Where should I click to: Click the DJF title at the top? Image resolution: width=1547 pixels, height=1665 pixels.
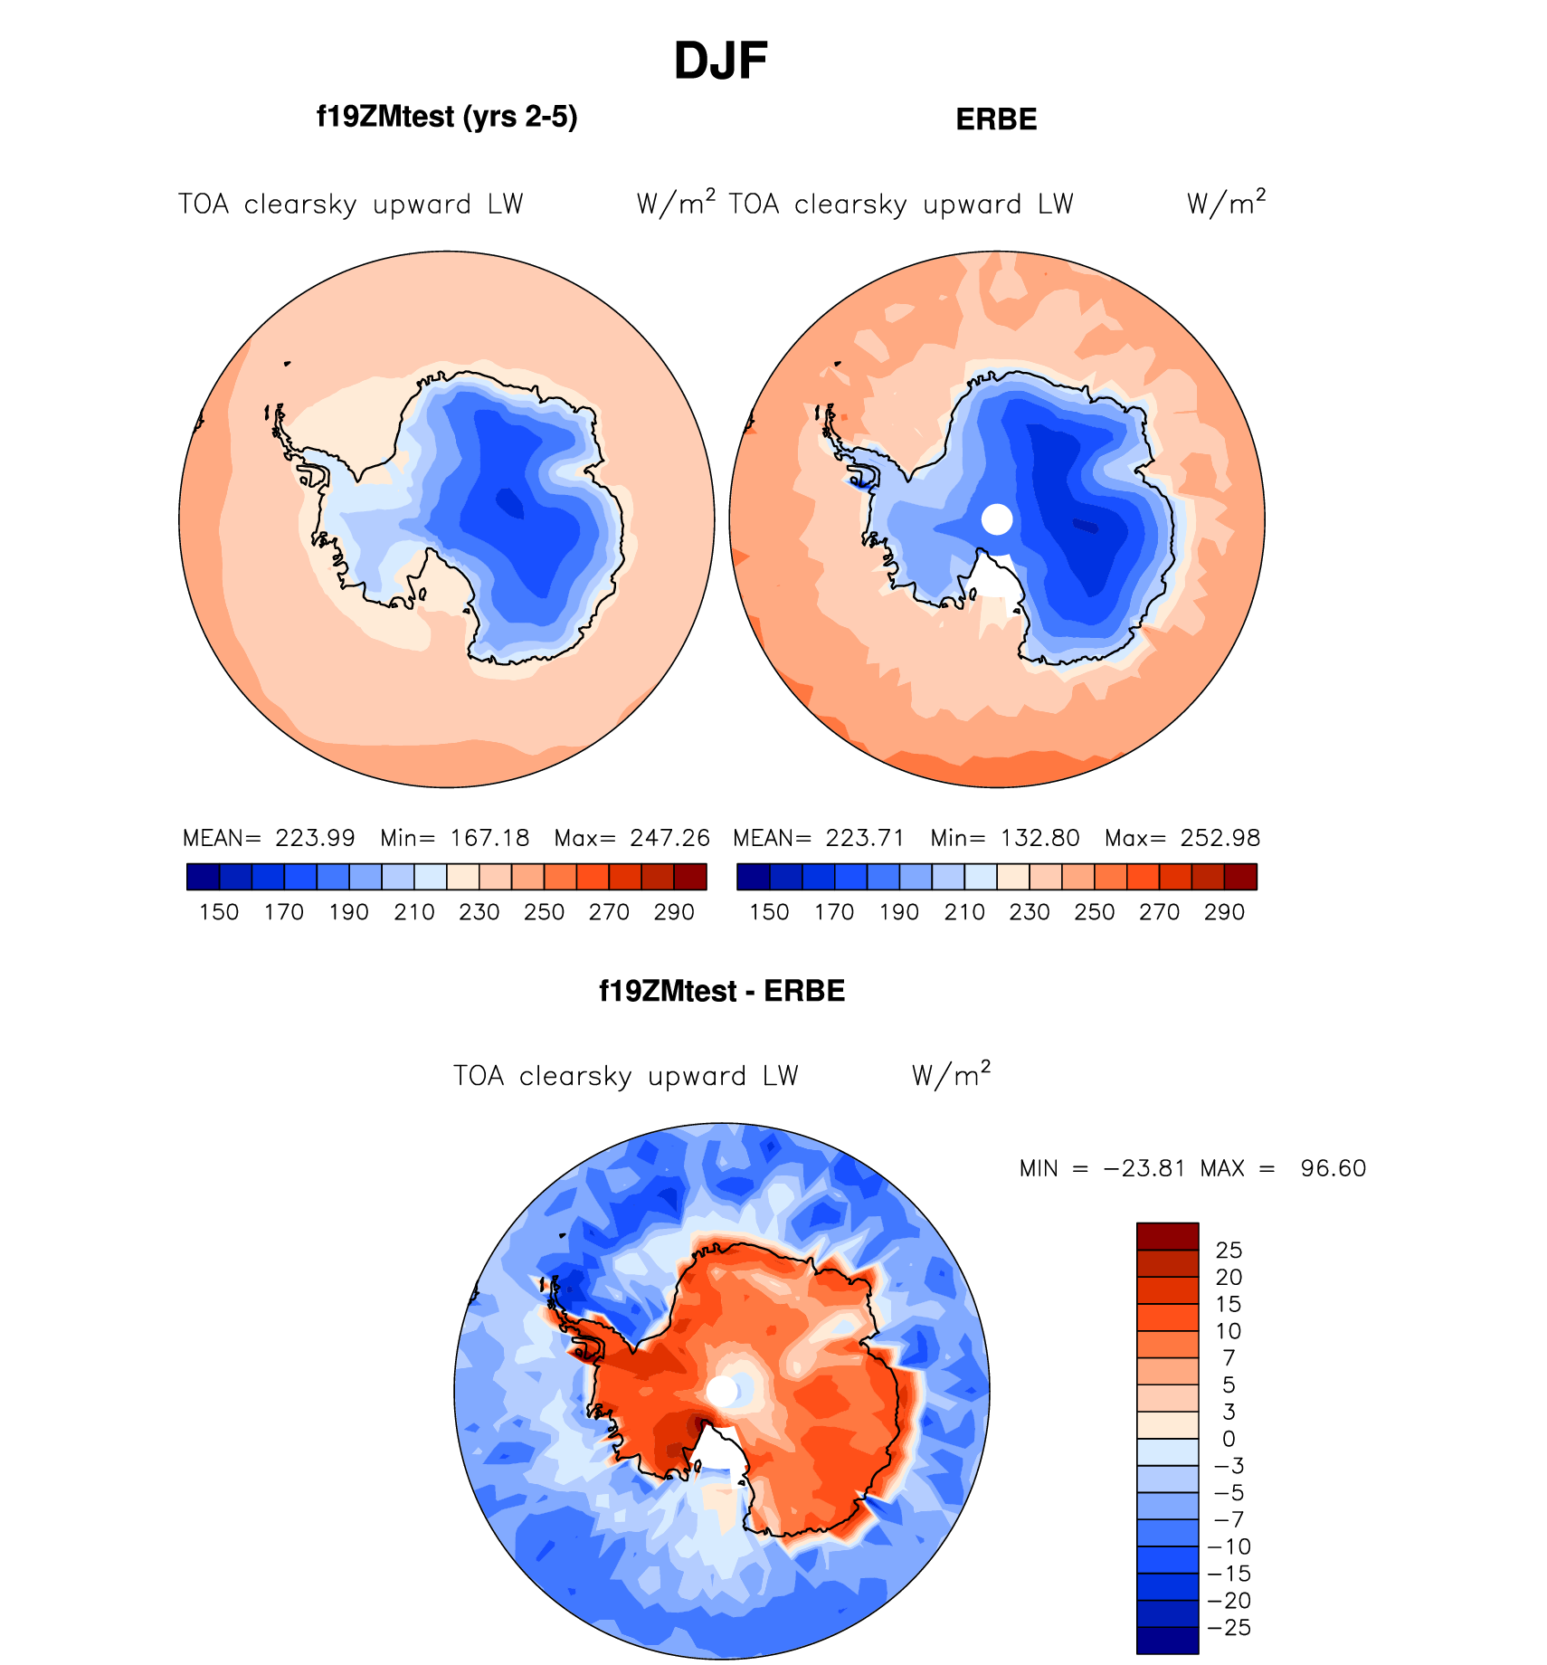720,62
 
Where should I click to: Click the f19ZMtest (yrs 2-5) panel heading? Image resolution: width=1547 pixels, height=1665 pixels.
447,117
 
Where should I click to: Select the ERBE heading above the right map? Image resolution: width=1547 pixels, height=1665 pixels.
996,119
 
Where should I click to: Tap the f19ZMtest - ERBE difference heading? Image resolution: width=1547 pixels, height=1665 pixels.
722,991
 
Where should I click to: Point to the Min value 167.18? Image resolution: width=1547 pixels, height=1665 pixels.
489,838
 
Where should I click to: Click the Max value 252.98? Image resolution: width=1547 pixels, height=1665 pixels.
1220,838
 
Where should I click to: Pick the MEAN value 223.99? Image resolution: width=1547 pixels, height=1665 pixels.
315,838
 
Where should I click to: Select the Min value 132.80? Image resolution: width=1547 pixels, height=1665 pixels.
1039,838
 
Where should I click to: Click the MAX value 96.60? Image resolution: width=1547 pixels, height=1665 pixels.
1333,1168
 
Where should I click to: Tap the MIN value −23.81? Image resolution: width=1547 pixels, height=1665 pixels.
1144,1168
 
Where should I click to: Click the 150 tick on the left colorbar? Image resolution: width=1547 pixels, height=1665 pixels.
219,912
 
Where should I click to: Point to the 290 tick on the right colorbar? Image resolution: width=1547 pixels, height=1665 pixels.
1224,912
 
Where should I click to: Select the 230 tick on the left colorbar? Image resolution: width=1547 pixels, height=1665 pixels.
479,912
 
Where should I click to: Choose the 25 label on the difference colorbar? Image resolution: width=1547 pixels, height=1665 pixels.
1229,1251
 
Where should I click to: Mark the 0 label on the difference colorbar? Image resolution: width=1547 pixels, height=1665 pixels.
1229,1439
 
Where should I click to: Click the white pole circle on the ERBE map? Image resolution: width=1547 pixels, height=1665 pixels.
997,519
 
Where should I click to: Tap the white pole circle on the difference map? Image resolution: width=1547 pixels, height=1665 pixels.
722,1392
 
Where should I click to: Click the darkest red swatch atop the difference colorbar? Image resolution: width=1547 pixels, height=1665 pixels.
1167,1236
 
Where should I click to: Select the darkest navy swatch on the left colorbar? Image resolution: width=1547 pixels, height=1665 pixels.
203,877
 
